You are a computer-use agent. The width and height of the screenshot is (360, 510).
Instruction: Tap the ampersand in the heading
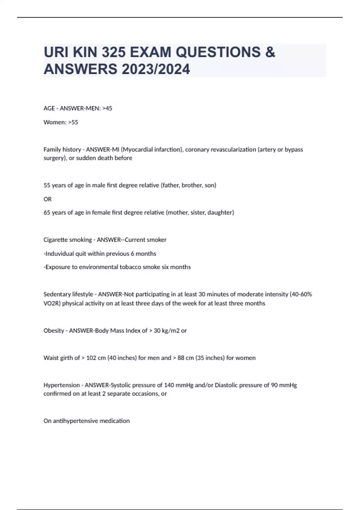click(270, 52)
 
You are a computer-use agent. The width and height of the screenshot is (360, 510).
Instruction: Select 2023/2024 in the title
click(156, 69)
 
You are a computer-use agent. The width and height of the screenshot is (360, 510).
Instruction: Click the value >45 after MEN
click(107, 108)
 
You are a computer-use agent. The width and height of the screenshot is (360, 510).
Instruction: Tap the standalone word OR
click(47, 199)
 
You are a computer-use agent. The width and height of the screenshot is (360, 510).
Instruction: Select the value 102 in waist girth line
click(91, 358)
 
